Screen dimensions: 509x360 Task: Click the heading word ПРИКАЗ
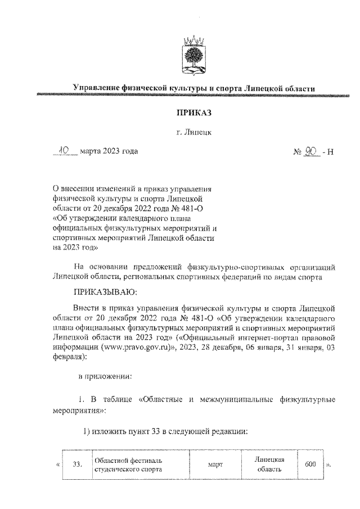click(x=193, y=113)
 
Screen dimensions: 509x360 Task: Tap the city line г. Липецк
click(x=193, y=132)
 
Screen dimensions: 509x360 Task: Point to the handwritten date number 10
click(x=67, y=151)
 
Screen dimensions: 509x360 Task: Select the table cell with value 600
click(x=310, y=465)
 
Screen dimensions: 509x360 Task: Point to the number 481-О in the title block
click(x=195, y=209)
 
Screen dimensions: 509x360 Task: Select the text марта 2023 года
click(x=109, y=151)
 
